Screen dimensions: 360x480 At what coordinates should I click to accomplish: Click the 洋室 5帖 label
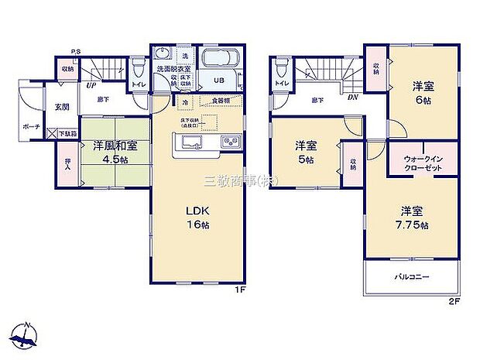[x=306, y=152]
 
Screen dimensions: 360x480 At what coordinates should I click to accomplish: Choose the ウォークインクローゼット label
[x=423, y=163]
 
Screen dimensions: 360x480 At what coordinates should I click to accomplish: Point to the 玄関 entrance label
[x=61, y=107]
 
